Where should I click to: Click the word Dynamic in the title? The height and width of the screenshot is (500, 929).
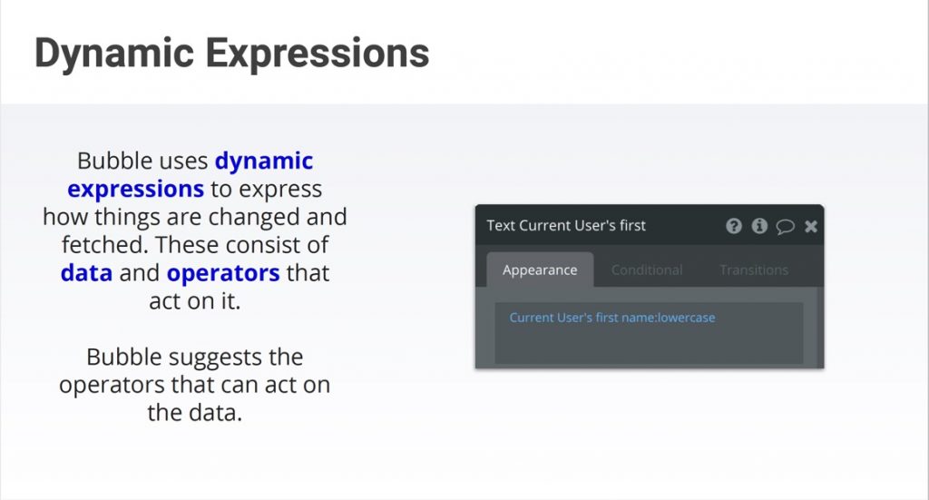(114, 54)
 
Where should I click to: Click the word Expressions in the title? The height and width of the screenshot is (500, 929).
(317, 54)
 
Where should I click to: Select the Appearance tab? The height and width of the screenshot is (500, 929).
(540, 270)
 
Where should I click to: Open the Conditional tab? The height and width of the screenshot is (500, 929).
(646, 270)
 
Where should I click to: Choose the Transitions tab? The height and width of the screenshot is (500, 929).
(754, 270)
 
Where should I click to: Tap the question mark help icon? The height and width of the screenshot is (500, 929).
(733, 226)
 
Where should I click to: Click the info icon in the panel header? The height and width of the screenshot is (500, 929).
(759, 226)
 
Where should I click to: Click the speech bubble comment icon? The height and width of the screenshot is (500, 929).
(785, 226)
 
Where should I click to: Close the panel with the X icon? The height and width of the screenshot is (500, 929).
(811, 226)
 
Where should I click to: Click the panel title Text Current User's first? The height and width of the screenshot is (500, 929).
(566, 226)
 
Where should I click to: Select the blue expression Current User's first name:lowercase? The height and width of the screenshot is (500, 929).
(612, 318)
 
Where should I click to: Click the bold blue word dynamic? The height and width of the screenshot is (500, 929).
(264, 162)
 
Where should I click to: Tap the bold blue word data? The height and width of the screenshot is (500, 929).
(86, 273)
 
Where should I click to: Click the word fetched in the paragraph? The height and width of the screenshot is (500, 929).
(104, 245)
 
